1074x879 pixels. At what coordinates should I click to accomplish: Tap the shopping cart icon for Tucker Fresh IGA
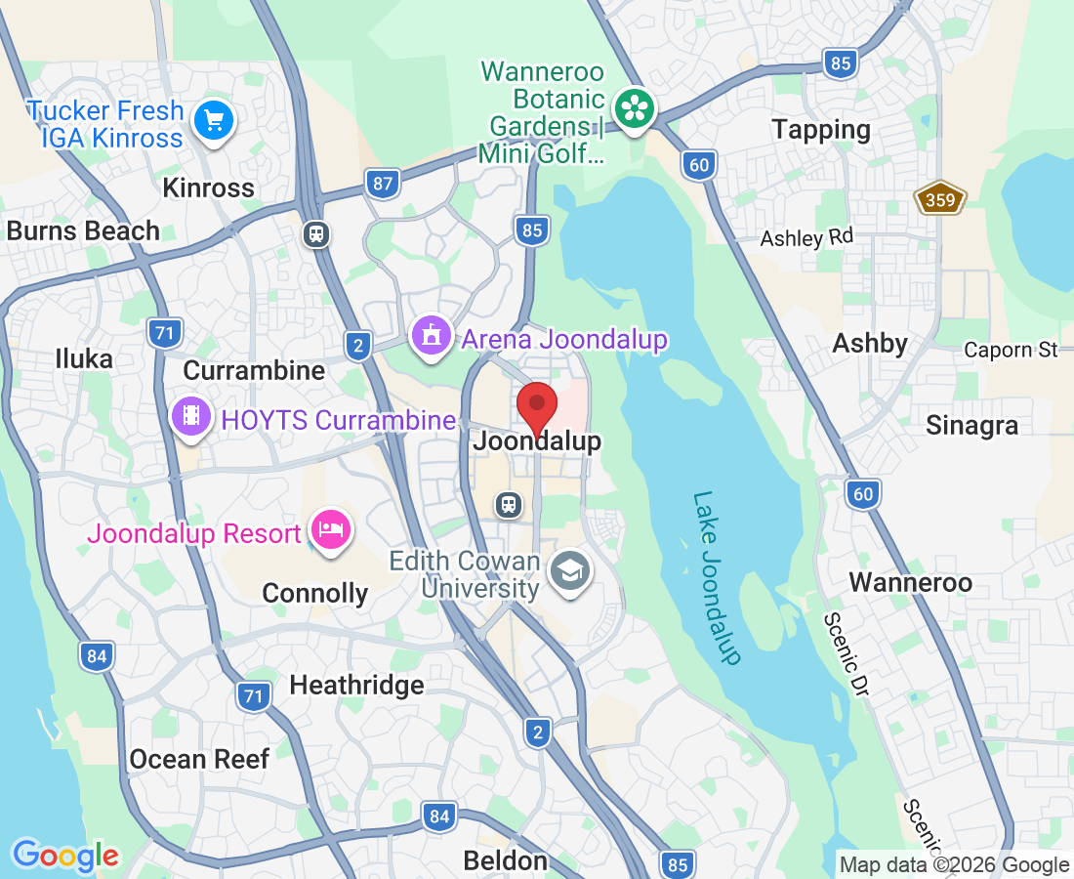(213, 122)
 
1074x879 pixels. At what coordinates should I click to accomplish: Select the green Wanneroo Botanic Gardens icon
(635, 108)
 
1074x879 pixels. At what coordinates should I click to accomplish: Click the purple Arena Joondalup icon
(431, 336)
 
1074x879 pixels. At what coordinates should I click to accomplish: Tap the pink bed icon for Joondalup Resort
(330, 530)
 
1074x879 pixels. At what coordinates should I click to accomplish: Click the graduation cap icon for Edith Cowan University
(569, 571)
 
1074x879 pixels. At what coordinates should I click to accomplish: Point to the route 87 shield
(383, 182)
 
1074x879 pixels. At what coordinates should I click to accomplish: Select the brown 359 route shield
(939, 200)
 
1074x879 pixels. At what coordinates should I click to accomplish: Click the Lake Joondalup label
(719, 577)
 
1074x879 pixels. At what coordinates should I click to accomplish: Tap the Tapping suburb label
(820, 129)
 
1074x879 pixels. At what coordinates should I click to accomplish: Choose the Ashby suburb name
(870, 344)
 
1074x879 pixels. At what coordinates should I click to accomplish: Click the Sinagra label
(971, 426)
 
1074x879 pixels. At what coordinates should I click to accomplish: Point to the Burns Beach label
(83, 231)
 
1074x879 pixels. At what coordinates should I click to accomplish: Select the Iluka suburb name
(84, 358)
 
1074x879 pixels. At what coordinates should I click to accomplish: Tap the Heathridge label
(356, 685)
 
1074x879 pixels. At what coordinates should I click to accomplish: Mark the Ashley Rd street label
(806, 238)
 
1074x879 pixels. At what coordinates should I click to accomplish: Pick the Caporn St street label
(1011, 350)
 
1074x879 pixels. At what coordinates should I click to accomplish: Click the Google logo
(65, 857)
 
